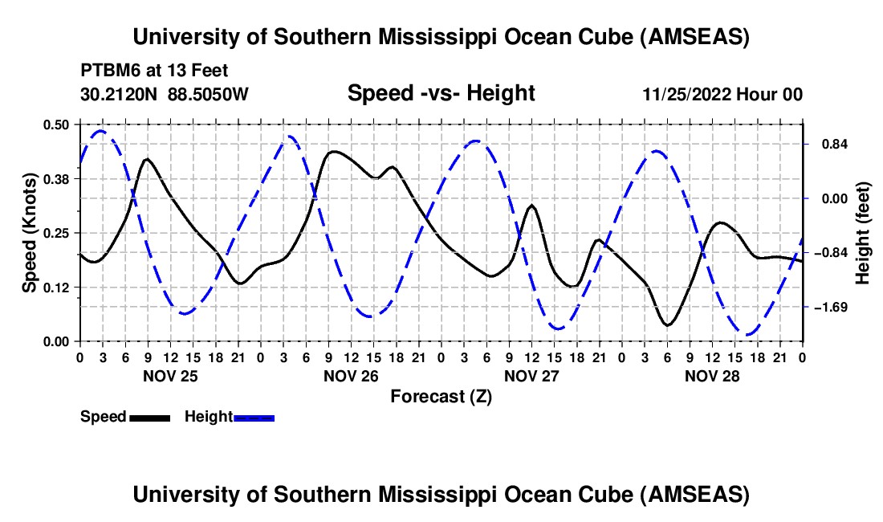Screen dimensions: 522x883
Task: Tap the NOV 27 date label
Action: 531,376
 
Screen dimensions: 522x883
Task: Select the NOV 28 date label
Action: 712,376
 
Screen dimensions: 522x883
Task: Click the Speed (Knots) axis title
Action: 30,233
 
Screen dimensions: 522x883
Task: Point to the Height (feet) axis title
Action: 864,233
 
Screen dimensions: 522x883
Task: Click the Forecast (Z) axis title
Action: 441,396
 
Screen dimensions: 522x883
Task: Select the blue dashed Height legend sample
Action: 254,417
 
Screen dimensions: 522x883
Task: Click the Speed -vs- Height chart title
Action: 441,93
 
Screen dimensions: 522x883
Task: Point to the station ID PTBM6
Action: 108,71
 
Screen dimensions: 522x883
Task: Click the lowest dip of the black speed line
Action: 667,324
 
